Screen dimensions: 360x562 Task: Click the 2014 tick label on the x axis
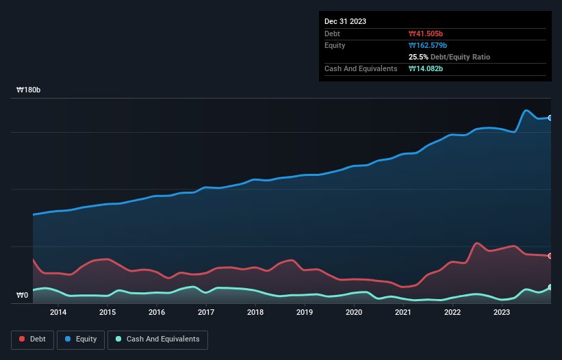(x=58, y=313)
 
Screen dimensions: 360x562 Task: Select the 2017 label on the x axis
(x=206, y=313)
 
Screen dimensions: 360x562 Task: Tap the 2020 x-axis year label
(x=354, y=313)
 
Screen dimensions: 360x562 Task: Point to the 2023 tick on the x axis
(x=502, y=313)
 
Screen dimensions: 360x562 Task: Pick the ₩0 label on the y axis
(x=22, y=296)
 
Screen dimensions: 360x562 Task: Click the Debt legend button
(x=31, y=339)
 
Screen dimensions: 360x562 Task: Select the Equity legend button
(x=81, y=339)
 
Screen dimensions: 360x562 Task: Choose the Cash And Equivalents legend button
(x=157, y=339)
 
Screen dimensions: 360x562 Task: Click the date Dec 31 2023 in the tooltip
(x=345, y=21)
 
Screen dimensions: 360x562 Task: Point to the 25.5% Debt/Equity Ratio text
(x=449, y=57)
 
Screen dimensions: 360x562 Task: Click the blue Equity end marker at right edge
(x=550, y=118)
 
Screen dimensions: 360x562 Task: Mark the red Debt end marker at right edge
(x=550, y=256)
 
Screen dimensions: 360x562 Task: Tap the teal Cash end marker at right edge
(x=550, y=287)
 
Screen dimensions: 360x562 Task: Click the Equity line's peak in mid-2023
(x=526, y=110)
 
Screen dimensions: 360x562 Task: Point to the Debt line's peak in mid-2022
(x=477, y=243)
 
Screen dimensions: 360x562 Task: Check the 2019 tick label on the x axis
(x=305, y=313)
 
